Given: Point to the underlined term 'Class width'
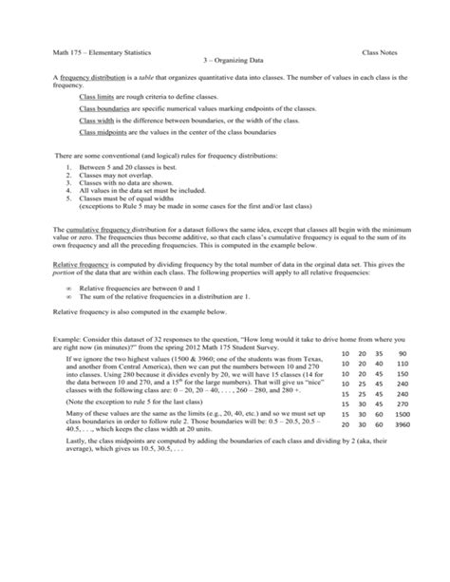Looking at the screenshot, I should (98, 122).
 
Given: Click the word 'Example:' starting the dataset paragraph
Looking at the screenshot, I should (47, 340).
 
